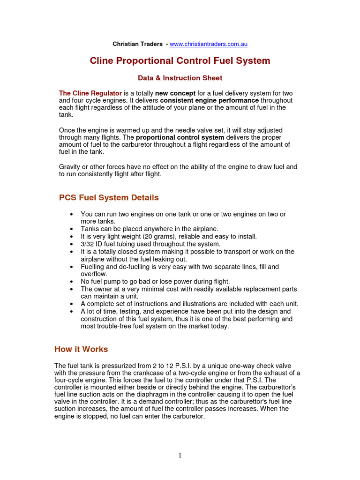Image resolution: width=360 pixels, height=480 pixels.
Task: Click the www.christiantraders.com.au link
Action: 209,44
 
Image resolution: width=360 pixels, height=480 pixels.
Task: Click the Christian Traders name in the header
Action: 138,44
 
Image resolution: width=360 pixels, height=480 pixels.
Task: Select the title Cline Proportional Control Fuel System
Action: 180,61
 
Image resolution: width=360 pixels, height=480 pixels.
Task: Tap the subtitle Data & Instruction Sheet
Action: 180,78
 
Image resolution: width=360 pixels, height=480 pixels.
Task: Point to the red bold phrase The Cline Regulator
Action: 90,93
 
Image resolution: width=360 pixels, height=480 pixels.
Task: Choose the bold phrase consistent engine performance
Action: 210,100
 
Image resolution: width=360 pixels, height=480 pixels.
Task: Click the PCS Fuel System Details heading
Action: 109,197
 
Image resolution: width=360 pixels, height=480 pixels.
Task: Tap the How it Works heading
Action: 81,349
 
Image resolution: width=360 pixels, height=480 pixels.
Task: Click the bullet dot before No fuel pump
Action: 71,282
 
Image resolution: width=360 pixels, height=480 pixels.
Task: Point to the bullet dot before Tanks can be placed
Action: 71,229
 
